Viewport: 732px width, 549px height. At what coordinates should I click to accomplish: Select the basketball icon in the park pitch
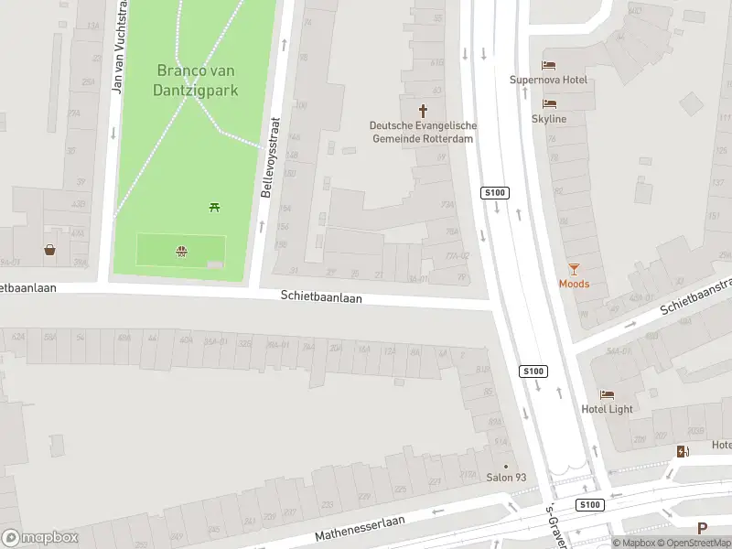[182, 250]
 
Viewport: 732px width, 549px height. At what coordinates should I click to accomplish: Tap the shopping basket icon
[49, 249]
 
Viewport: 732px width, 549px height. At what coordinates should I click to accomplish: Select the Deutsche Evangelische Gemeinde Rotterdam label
[423, 132]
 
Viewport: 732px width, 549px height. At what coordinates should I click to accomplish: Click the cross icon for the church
[423, 109]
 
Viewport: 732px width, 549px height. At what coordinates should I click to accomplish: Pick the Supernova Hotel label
[549, 81]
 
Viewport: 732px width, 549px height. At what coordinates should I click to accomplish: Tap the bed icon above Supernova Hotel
[549, 65]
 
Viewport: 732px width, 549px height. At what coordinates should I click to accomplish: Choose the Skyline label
[549, 119]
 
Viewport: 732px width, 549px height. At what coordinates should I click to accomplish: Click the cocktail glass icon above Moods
[574, 268]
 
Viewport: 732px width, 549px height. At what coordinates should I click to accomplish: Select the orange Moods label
[574, 284]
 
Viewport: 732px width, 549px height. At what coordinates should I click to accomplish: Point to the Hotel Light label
[607, 409]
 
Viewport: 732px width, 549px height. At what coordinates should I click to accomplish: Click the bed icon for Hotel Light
[607, 393]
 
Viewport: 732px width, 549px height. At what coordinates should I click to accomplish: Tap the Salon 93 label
[506, 478]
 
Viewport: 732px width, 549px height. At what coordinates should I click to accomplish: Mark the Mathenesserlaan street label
[360, 528]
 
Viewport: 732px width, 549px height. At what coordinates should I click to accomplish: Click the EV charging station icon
[683, 451]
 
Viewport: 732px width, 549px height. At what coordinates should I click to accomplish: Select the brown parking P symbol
[702, 528]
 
